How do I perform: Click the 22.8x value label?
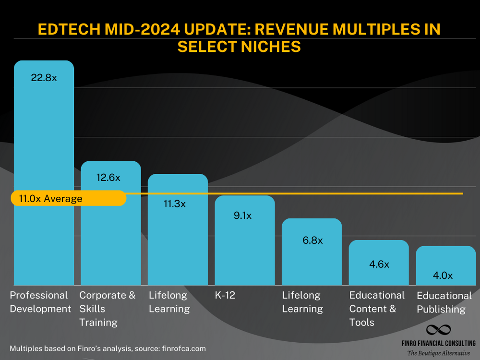pyautogui.click(x=44, y=77)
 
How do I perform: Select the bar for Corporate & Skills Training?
pyautogui.click(x=111, y=230)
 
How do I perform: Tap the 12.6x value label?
pyautogui.click(x=108, y=178)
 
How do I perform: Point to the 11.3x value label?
pyautogui.click(x=174, y=204)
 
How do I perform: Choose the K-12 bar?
pyautogui.click(x=245, y=245)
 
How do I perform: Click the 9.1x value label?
pyautogui.click(x=242, y=216)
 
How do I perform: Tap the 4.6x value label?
pyautogui.click(x=379, y=264)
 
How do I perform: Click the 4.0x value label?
pyautogui.click(x=443, y=276)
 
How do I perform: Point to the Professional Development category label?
pyautogui.click(x=40, y=302)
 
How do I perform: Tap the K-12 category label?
pyautogui.click(x=225, y=295)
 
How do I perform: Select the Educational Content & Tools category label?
pyautogui.click(x=377, y=309)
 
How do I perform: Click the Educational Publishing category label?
pyautogui.click(x=444, y=302)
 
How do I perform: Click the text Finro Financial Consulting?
pyautogui.click(x=439, y=343)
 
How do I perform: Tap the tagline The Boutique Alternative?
pyautogui.click(x=439, y=353)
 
